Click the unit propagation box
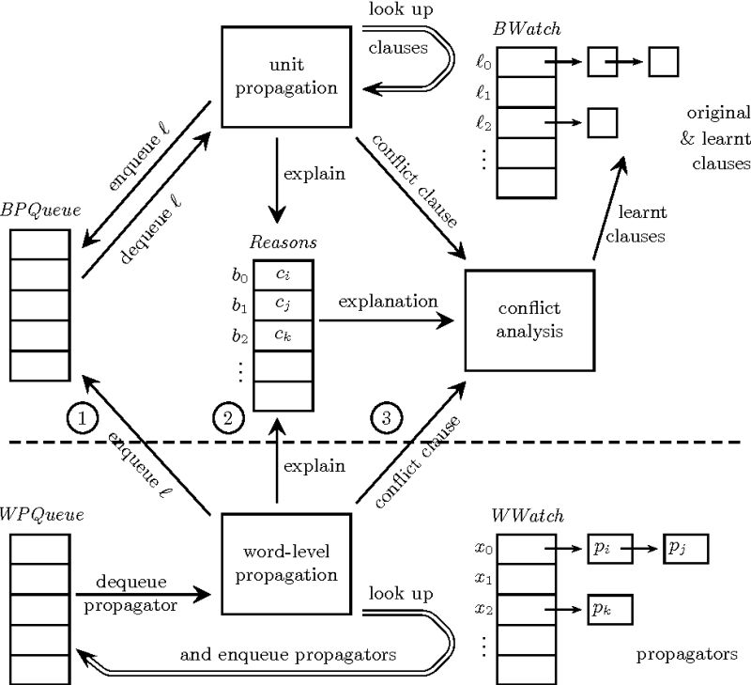tap(278, 77)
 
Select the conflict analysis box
tap(530, 319)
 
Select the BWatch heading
tap(527, 29)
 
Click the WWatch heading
tap(527, 515)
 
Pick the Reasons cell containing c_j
tap(283, 304)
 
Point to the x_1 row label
tap(482, 580)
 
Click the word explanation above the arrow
tap(388, 302)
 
